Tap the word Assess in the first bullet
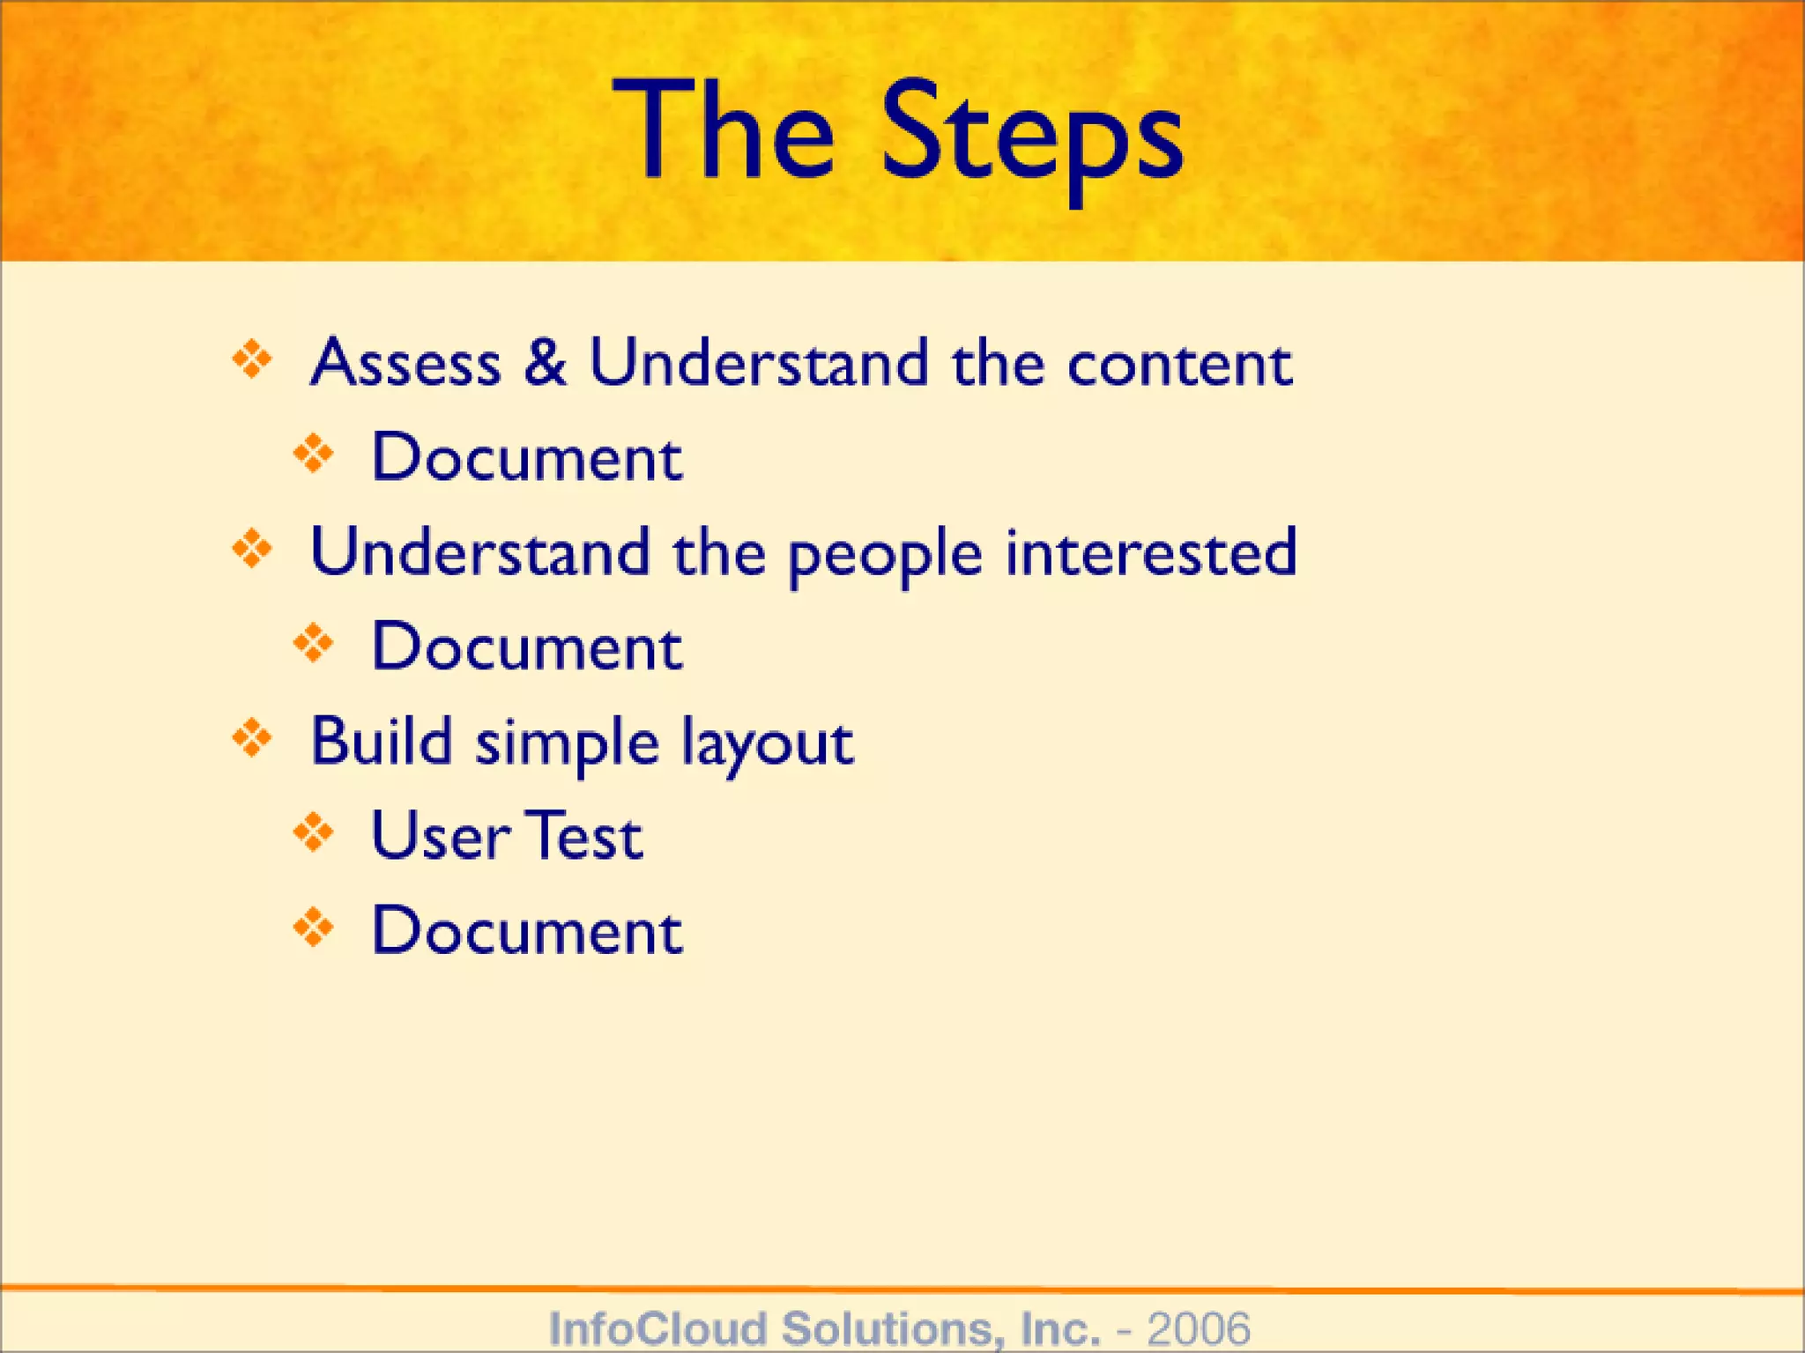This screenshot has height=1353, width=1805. [x=406, y=363]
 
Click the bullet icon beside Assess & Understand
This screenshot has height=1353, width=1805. [x=252, y=359]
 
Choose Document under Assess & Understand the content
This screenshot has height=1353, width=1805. [x=526, y=458]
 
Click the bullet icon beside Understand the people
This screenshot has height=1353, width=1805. [x=252, y=550]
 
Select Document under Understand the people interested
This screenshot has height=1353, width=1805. [x=526, y=647]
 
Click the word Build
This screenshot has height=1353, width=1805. [x=381, y=742]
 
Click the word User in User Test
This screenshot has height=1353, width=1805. [x=439, y=837]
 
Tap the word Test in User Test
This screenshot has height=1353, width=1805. [x=586, y=837]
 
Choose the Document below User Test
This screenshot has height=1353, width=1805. [x=526, y=931]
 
